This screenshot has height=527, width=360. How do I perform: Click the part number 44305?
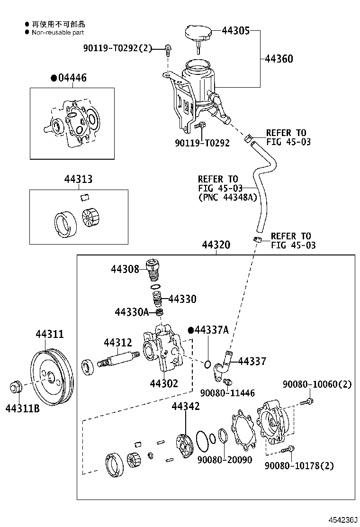pyautogui.click(x=236, y=31)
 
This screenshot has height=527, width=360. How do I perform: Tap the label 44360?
pyautogui.click(x=279, y=59)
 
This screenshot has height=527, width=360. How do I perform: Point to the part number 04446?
pyautogui.click(x=72, y=78)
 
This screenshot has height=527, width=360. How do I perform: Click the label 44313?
pyautogui.click(x=78, y=179)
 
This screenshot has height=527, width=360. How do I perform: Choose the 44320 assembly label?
pyautogui.click(x=216, y=245)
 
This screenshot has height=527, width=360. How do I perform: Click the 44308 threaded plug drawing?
pyautogui.click(x=153, y=269)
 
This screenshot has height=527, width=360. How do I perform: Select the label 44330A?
pyautogui.click(x=132, y=312)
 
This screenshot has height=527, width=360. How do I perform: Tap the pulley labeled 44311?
pyautogui.click(x=52, y=379)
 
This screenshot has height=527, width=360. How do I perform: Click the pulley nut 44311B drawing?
pyautogui.click(x=16, y=387)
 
